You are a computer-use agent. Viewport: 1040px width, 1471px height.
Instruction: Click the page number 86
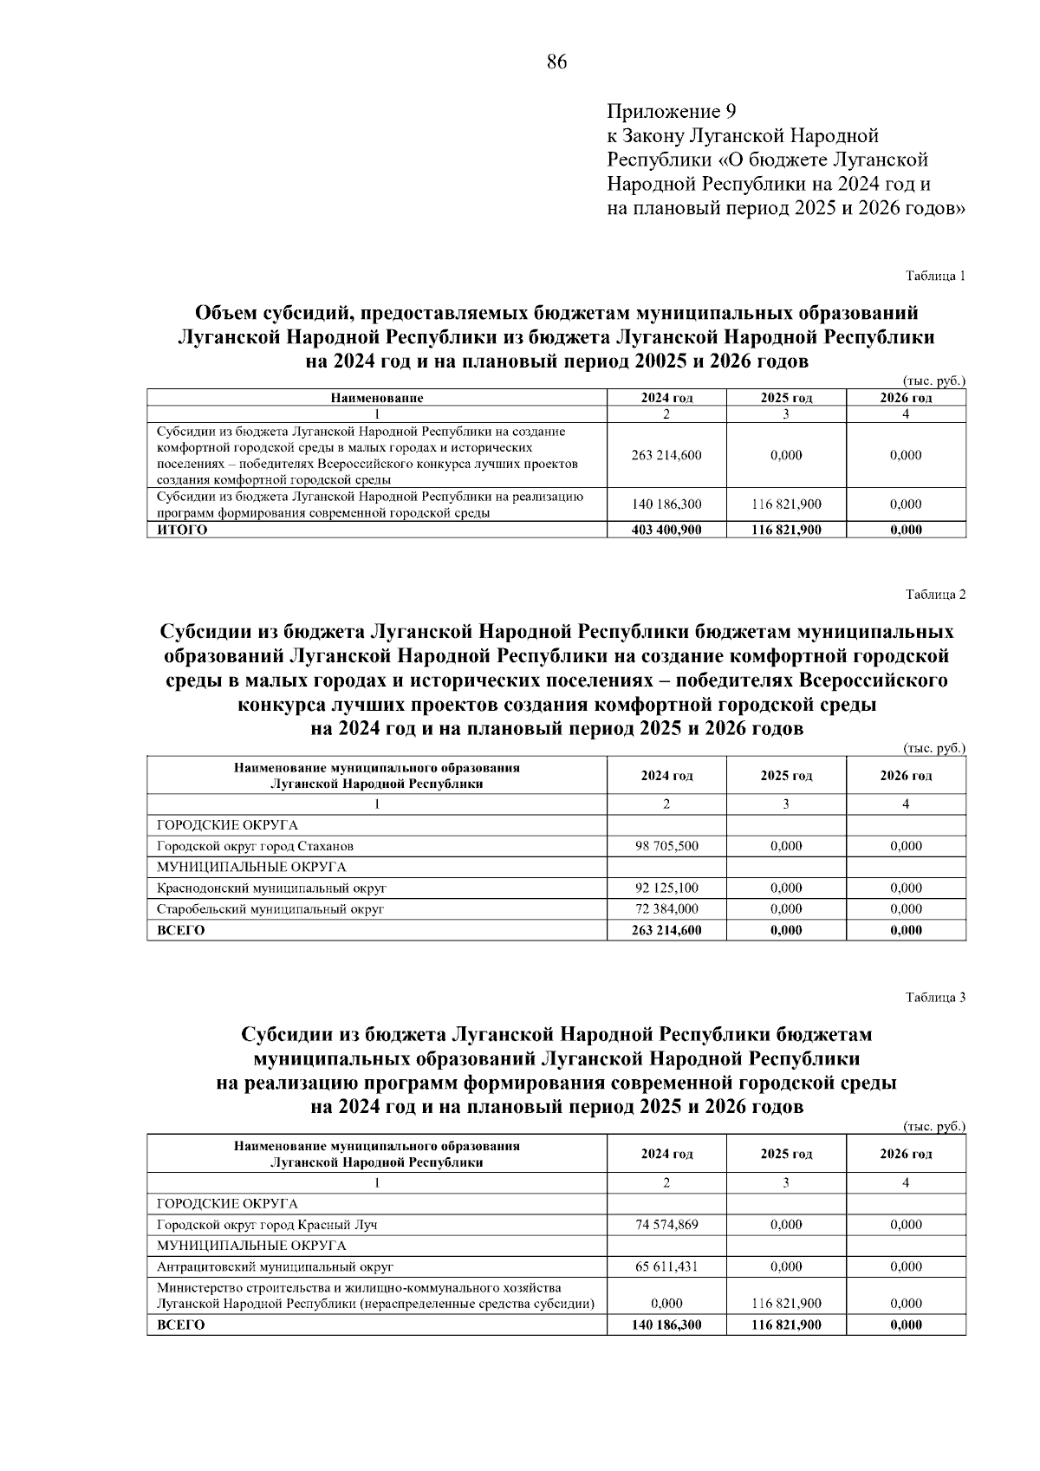[x=556, y=62]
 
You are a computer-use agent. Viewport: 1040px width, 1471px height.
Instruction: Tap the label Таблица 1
[x=935, y=277]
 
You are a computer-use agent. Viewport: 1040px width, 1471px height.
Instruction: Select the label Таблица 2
[x=935, y=595]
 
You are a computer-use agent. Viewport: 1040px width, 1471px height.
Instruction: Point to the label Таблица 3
[x=935, y=997]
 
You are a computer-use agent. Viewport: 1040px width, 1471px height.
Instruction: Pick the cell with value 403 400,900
[x=666, y=530]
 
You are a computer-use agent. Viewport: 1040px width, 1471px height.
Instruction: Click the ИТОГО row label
[x=182, y=530]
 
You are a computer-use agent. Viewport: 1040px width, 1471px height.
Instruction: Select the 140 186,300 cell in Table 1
[x=666, y=504]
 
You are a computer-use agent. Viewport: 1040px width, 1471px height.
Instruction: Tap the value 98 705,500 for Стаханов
[x=666, y=846]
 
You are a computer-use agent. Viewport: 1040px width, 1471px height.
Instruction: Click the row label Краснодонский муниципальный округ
[x=271, y=888]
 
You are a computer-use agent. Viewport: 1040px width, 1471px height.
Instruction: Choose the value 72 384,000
[x=666, y=909]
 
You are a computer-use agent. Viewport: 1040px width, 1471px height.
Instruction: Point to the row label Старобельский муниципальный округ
[x=270, y=909]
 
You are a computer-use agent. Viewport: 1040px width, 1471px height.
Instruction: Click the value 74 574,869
[x=666, y=1225]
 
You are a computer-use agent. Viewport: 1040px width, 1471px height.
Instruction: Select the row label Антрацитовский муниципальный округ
[x=275, y=1266]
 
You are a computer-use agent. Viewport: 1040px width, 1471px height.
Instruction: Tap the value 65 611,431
[x=666, y=1266]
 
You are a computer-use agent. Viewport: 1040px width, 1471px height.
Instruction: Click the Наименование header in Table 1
[x=376, y=399]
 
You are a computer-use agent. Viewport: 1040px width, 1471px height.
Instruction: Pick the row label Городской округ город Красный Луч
[x=267, y=1225]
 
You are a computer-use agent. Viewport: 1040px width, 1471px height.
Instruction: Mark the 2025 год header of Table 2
[x=786, y=776]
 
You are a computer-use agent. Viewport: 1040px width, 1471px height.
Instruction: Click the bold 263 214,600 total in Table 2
[x=666, y=930]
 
